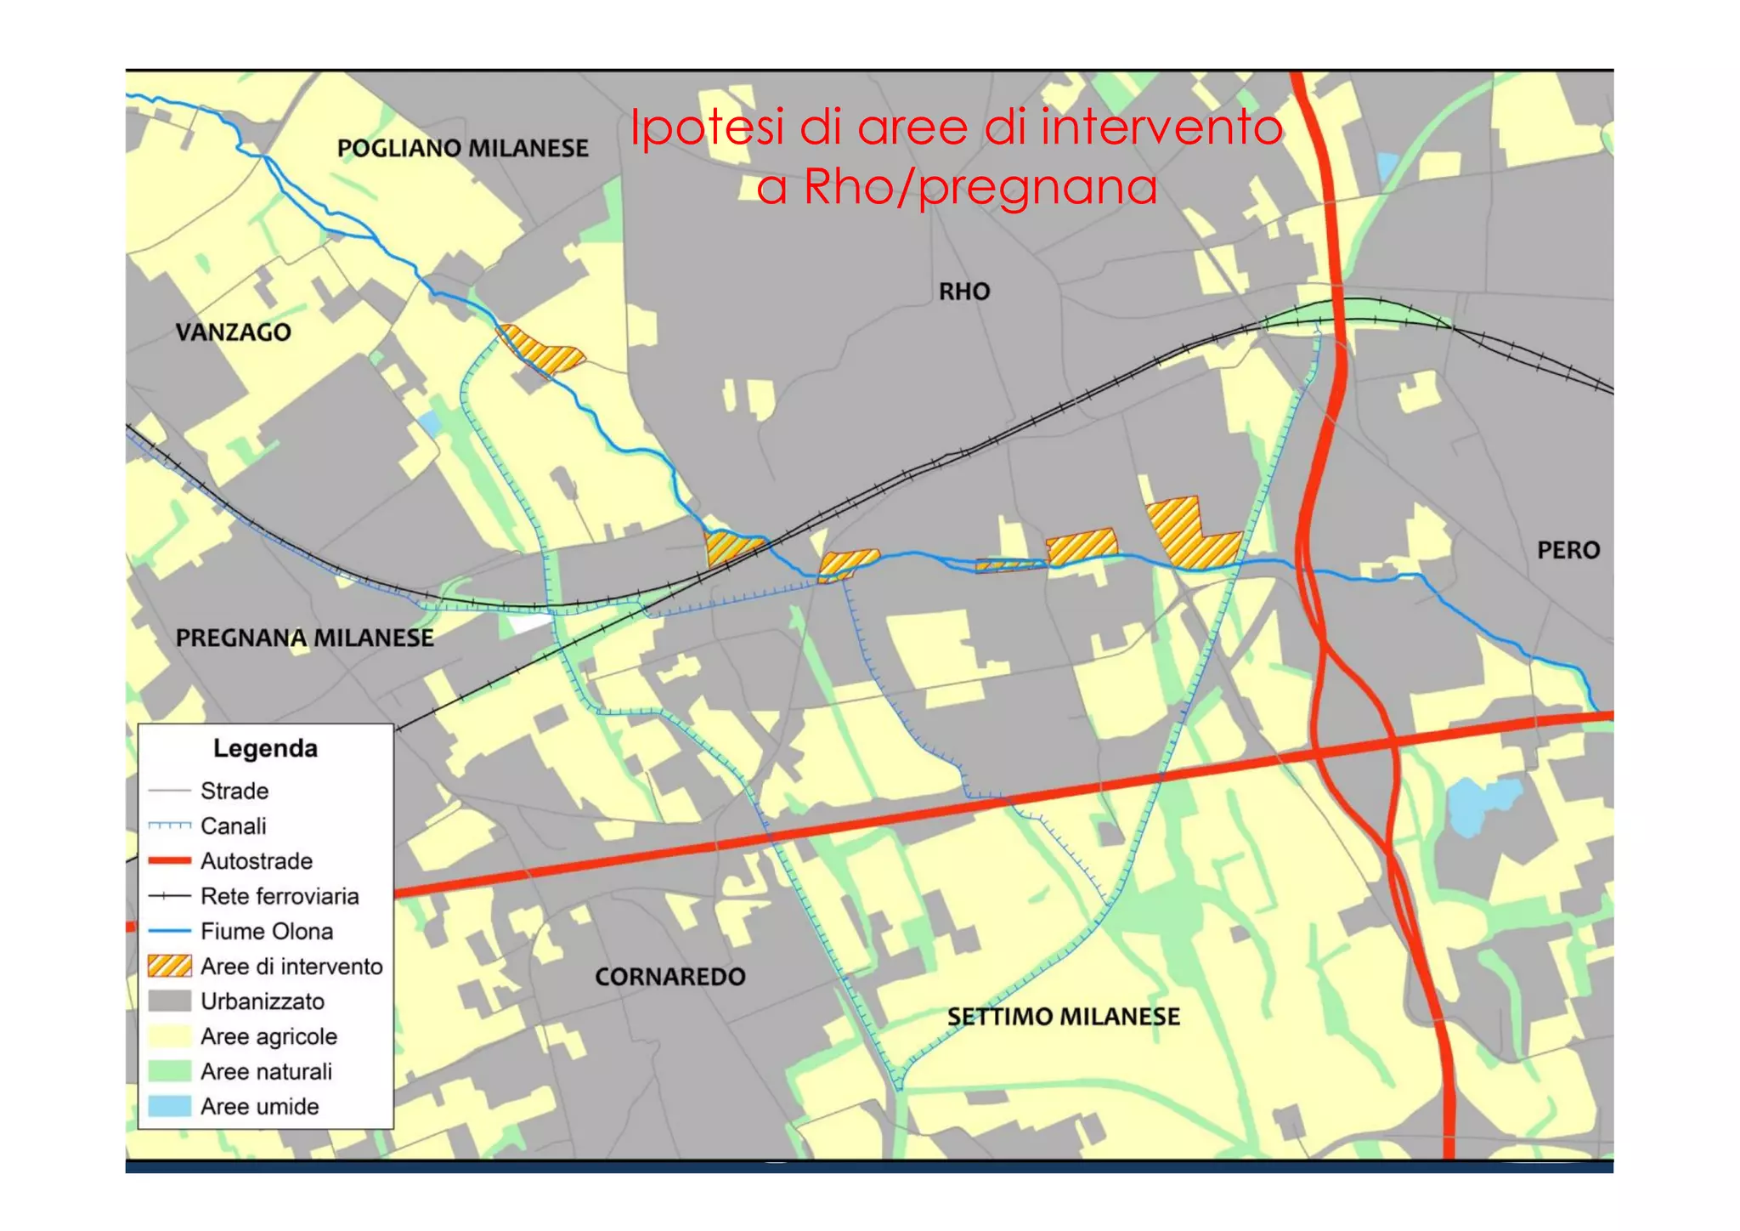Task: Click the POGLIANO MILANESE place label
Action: (x=462, y=149)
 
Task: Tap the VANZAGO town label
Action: (x=233, y=332)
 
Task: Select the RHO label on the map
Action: (x=964, y=292)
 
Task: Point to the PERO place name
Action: (x=1568, y=550)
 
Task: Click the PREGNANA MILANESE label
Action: (x=304, y=638)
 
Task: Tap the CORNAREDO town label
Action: (x=669, y=977)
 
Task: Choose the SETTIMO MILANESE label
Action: (x=1063, y=1017)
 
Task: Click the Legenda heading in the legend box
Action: (x=265, y=748)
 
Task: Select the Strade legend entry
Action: (x=234, y=791)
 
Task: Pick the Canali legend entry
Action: (x=233, y=825)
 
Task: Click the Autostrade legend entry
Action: (x=256, y=861)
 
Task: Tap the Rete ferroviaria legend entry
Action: (x=280, y=896)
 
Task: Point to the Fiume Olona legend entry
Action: (x=266, y=931)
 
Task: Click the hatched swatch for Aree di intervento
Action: (x=169, y=966)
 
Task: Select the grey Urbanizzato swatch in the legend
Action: (x=169, y=1001)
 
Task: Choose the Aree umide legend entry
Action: (x=259, y=1107)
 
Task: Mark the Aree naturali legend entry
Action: (x=266, y=1071)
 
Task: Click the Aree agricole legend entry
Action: (x=268, y=1036)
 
